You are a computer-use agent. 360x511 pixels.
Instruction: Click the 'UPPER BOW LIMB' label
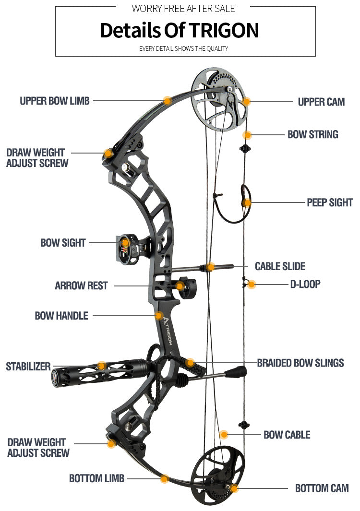click(54, 101)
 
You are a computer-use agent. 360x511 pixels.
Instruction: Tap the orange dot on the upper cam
click(246, 101)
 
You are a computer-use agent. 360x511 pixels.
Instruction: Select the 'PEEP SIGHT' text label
click(329, 202)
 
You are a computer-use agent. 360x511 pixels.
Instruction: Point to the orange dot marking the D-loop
click(252, 285)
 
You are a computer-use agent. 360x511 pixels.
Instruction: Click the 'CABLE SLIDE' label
click(280, 266)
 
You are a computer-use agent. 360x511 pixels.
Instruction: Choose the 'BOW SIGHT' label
click(63, 243)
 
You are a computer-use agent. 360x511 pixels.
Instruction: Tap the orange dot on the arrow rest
click(180, 286)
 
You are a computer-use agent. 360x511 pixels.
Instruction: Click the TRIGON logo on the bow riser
click(168, 331)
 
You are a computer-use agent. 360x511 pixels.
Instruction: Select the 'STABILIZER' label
click(28, 367)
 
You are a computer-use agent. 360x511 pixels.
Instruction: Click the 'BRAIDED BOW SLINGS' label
click(300, 363)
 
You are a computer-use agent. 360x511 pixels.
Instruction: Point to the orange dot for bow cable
click(224, 435)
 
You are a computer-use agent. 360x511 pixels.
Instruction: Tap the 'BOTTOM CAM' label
click(322, 488)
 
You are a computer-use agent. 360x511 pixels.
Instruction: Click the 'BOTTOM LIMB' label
click(96, 478)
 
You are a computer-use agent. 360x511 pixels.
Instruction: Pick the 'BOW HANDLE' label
click(61, 316)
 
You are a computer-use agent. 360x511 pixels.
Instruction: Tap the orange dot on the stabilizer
click(101, 366)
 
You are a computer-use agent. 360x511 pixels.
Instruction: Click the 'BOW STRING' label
click(312, 134)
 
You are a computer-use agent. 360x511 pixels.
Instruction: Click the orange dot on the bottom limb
click(165, 478)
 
